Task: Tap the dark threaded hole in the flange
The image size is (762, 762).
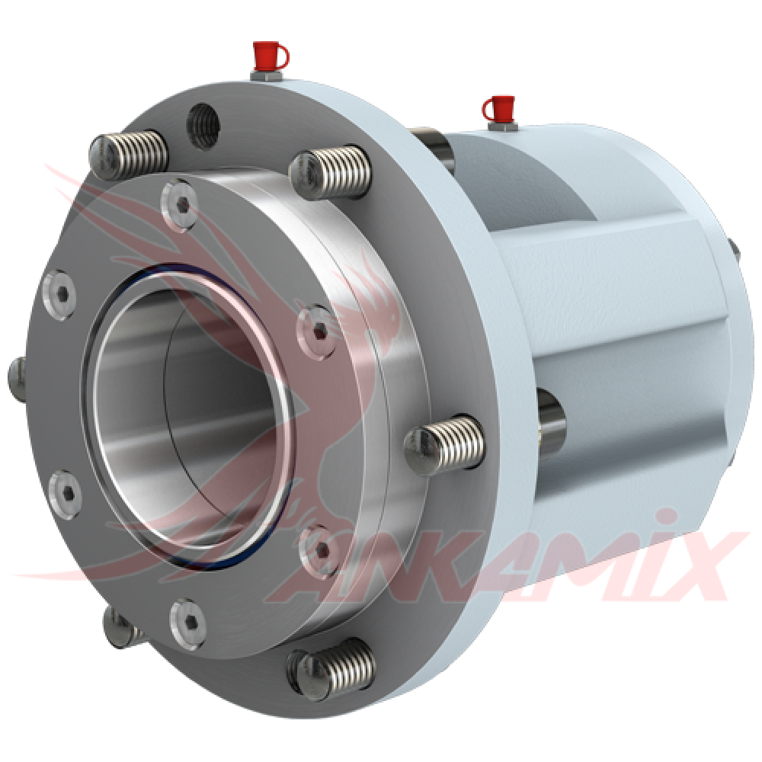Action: (203, 126)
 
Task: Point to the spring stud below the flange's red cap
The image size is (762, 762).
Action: (330, 171)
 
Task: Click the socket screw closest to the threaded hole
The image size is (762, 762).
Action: (179, 205)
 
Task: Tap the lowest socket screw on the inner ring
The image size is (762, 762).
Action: (187, 624)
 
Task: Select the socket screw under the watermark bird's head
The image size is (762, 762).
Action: (317, 332)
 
